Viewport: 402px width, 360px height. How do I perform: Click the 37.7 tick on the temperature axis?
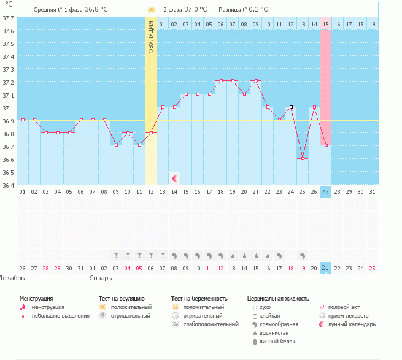[8, 18]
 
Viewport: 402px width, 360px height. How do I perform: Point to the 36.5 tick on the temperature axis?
[8, 172]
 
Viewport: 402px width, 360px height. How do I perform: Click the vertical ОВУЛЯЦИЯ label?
[151, 37]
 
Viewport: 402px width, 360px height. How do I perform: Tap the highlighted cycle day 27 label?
[325, 192]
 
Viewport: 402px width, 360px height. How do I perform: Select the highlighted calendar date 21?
[325, 268]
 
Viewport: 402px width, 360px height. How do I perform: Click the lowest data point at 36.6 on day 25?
[303, 158]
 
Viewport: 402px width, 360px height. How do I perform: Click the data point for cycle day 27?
[326, 145]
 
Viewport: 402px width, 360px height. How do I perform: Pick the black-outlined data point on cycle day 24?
[291, 107]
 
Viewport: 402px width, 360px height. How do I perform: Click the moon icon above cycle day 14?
[175, 178]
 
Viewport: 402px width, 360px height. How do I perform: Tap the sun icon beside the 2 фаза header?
[151, 10]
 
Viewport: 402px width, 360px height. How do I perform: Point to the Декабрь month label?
[12, 277]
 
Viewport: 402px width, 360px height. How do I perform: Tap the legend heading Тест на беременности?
[203, 298]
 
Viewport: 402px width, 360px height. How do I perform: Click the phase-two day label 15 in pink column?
[325, 24]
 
